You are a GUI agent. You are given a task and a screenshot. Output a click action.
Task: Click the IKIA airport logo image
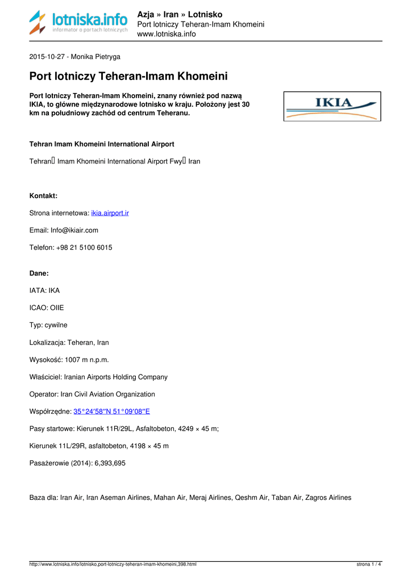pos(332,106)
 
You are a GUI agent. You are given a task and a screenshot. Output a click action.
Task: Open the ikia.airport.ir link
pos(110,213)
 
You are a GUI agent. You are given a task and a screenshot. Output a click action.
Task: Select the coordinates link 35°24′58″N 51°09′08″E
pos(111,411)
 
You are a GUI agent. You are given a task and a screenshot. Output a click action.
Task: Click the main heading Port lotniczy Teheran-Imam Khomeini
pos(128,76)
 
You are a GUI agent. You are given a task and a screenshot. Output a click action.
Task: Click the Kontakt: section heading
pos(43,196)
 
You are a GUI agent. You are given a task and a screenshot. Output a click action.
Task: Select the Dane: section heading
pos(39,273)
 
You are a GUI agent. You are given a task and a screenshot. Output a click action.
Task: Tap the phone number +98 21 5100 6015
pos(84,248)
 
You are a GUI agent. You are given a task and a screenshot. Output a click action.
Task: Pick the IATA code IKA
pos(54,290)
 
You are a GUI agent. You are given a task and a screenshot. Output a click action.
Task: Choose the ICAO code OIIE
pos(56,308)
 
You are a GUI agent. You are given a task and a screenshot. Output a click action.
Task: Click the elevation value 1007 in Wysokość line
pos(73,360)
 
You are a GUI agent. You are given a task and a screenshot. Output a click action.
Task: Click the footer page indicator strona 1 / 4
pos(369,565)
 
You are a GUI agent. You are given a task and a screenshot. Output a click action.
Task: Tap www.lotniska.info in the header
pos(167,34)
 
